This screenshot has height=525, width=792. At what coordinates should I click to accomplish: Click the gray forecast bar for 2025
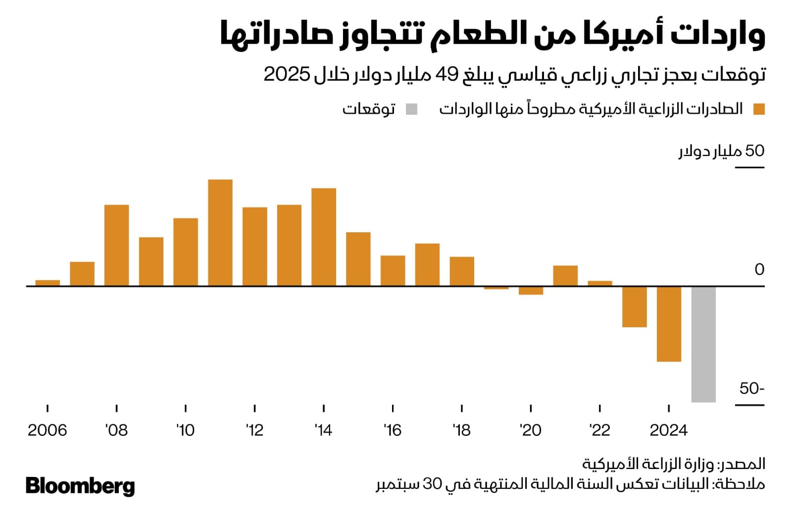[x=703, y=344]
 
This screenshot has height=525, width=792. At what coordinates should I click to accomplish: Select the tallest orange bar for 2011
[x=220, y=233]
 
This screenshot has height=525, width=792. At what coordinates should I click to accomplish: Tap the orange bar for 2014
[x=324, y=237]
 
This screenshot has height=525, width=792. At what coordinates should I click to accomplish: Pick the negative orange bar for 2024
[x=669, y=324]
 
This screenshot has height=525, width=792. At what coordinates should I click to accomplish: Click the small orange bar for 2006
[x=48, y=283]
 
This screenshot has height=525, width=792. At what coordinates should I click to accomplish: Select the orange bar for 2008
[x=117, y=245]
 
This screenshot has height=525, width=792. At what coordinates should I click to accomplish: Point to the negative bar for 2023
[x=635, y=307]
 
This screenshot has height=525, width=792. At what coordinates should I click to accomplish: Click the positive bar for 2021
[x=565, y=276]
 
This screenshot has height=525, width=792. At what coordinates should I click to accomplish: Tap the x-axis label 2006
[x=47, y=430]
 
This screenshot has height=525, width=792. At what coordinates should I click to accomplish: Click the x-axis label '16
[x=392, y=430]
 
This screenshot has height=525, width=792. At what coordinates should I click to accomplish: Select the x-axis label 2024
[x=668, y=430]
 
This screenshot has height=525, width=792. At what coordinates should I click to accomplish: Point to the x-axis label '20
[x=530, y=430]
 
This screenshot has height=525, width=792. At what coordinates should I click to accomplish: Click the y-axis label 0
[x=759, y=269]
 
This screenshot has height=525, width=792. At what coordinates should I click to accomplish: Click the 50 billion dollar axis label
[x=721, y=151]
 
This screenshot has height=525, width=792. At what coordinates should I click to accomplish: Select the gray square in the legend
[x=411, y=109]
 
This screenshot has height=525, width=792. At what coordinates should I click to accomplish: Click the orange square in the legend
[x=759, y=109]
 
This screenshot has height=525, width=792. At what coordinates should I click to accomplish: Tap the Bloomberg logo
[x=80, y=486]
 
